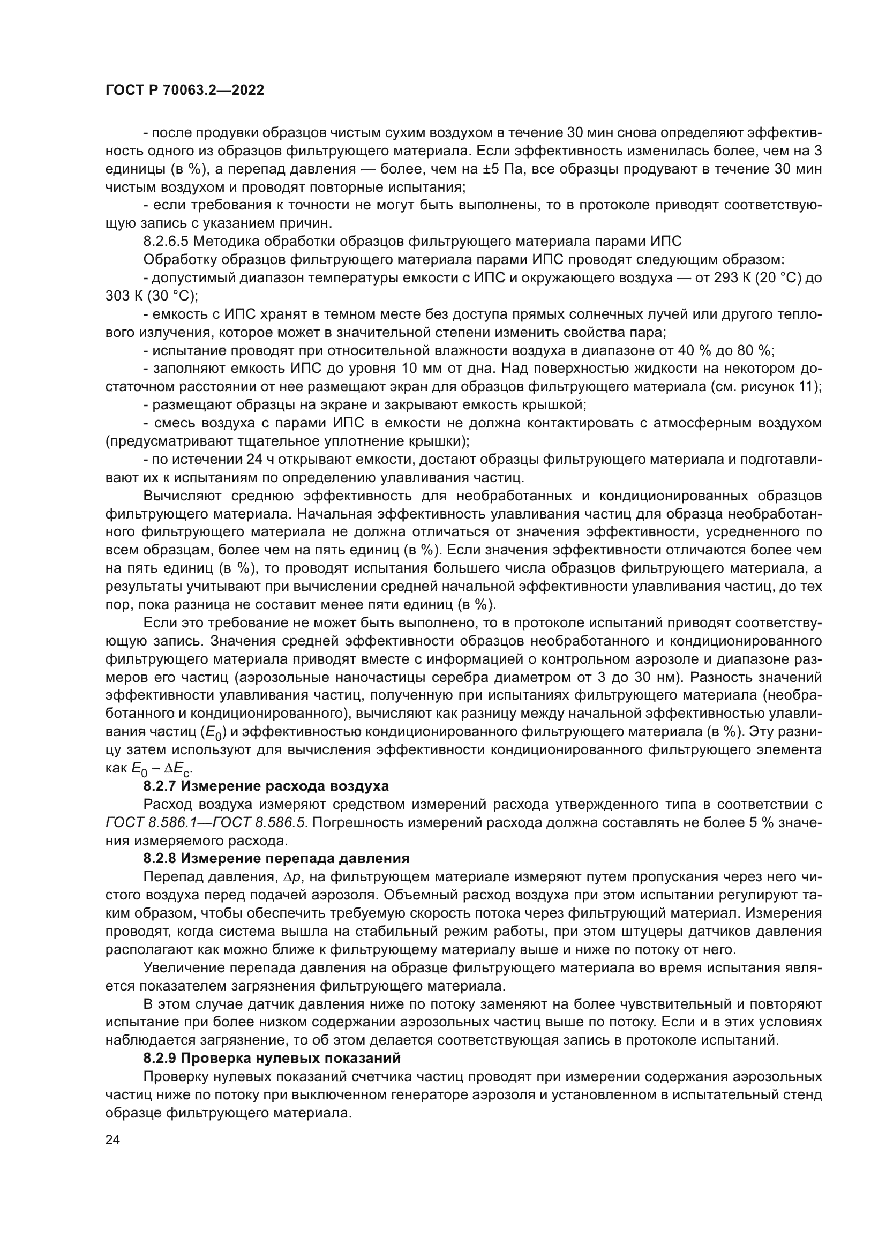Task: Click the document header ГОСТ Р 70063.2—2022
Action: point(184,91)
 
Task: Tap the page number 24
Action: point(112,1139)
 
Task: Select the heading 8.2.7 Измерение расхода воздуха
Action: point(266,786)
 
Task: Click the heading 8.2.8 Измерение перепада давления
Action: point(276,858)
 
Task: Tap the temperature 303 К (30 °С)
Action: point(151,296)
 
